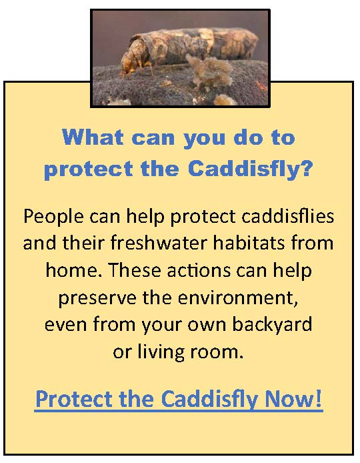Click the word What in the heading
click(93, 137)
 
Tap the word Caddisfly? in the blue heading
click(249, 169)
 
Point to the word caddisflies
click(288, 216)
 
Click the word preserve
click(97, 298)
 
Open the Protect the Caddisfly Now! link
click(179, 399)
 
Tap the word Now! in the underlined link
click(293, 398)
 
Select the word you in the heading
click(204, 139)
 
